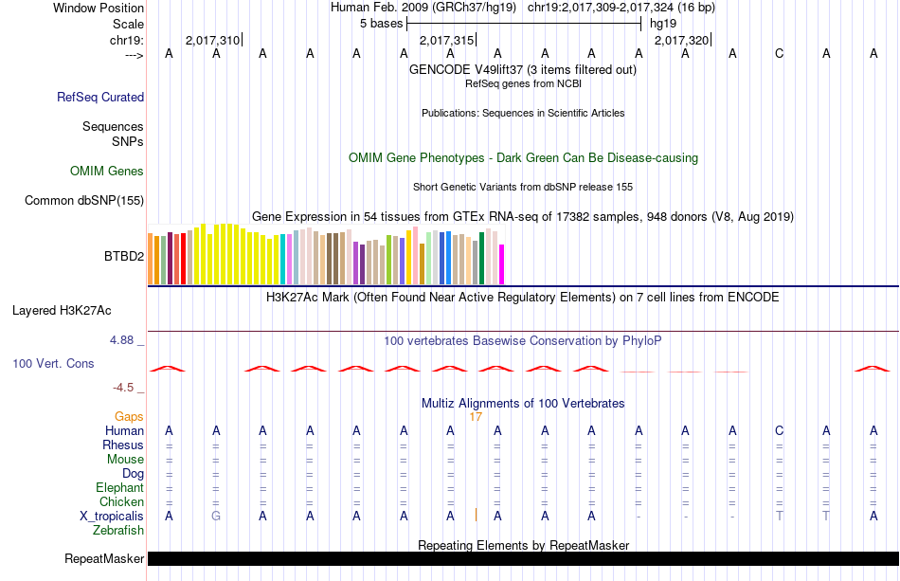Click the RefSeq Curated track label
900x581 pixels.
pos(100,97)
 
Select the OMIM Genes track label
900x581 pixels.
pos(107,172)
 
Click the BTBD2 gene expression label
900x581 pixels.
pos(124,256)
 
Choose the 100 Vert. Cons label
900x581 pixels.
pos(53,363)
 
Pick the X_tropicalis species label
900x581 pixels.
pos(113,516)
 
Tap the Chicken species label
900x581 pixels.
pos(122,501)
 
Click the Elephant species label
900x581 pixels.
pos(119,487)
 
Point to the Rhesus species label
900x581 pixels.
pos(123,445)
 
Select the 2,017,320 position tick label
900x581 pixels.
pos(681,41)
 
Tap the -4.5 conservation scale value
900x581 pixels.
pos(128,387)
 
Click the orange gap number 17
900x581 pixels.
pos(476,416)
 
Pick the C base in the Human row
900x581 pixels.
pos(780,431)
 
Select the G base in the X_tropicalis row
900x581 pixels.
pos(216,516)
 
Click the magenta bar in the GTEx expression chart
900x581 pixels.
pos(502,263)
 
